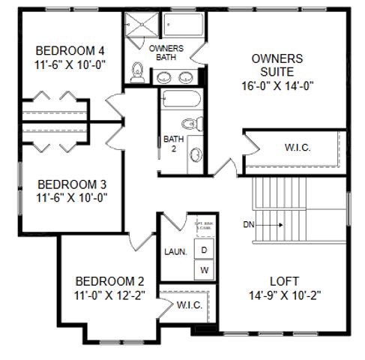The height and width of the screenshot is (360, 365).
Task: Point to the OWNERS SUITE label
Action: tap(277, 65)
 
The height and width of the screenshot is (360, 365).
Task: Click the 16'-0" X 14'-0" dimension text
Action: tap(277, 85)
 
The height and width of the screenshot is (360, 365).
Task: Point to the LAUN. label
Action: tap(175, 252)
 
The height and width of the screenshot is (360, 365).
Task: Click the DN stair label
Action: tap(250, 223)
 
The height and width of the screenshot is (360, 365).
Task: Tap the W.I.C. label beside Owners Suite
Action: tap(298, 148)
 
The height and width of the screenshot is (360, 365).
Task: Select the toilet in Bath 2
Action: tap(191, 123)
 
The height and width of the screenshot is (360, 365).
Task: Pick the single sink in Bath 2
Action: tap(196, 154)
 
